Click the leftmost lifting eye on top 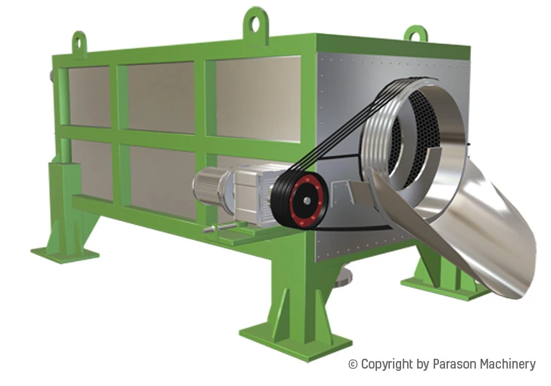(x=79, y=42)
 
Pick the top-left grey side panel (x=89, y=95)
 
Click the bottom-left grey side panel (x=92, y=170)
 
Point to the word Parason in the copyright (x=456, y=365)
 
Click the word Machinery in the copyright (x=509, y=365)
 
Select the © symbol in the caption (x=353, y=365)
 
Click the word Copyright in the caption (x=387, y=365)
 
